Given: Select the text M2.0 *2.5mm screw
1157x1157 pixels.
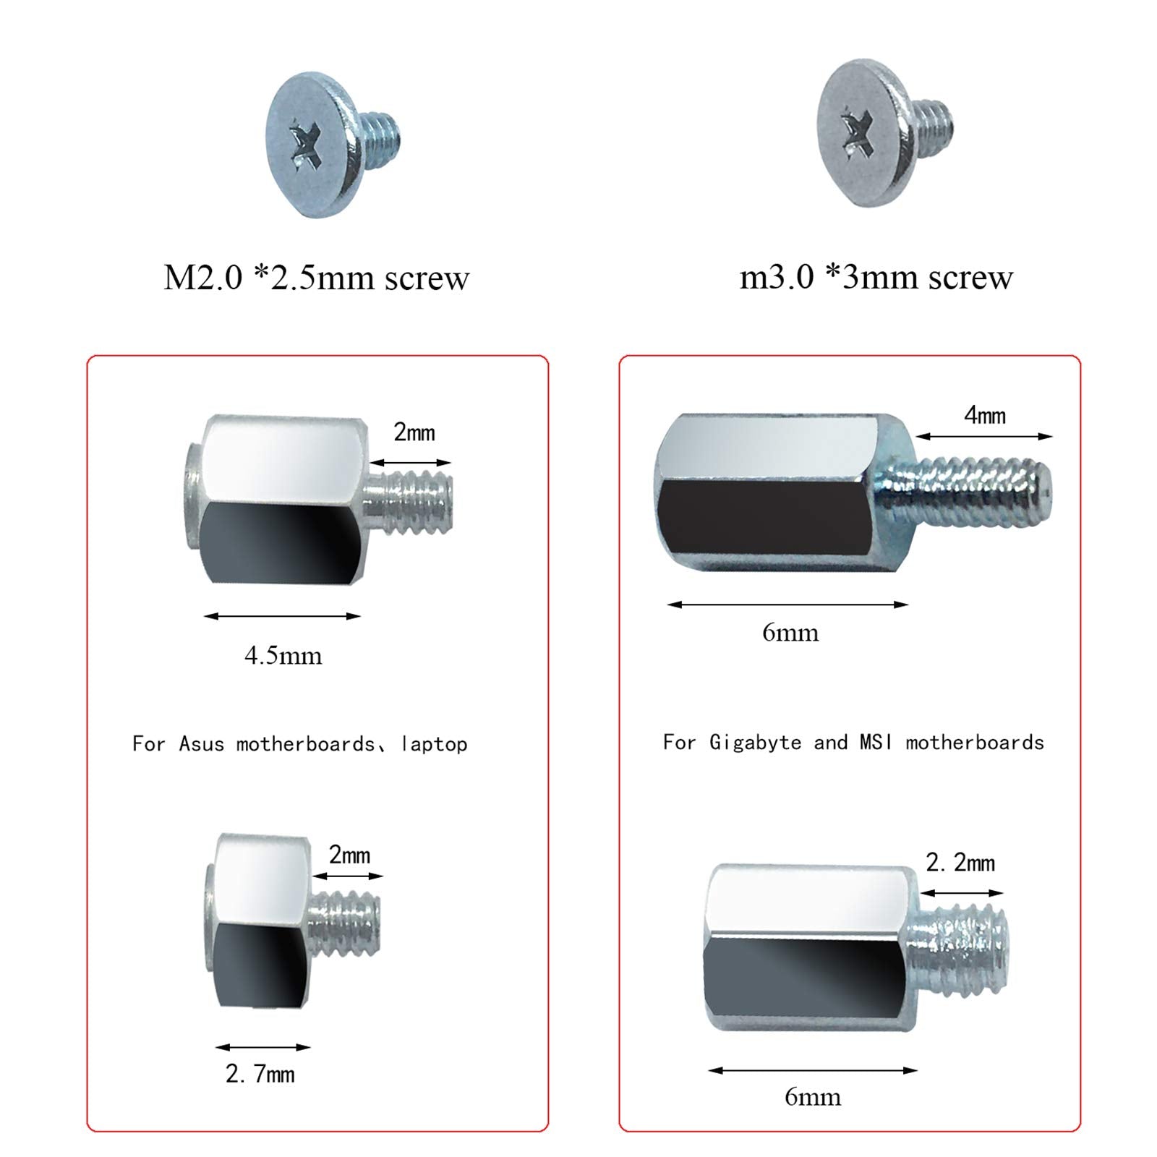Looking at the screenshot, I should click(x=316, y=278).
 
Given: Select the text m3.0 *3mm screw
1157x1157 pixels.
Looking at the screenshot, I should click(x=876, y=277).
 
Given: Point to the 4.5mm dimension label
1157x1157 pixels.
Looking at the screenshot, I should click(x=283, y=656).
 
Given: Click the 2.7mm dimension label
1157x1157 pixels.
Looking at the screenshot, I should click(x=260, y=1074).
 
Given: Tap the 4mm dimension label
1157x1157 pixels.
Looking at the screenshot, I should click(x=985, y=415).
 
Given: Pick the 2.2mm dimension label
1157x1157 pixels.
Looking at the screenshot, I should click(x=960, y=863).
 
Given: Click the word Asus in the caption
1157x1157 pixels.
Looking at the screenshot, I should click(x=201, y=744).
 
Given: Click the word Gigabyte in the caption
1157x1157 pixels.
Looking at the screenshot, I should click(x=755, y=743).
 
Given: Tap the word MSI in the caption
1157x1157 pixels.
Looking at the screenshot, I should click(x=876, y=743).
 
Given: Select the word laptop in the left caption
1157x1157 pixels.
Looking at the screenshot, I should click(x=435, y=744).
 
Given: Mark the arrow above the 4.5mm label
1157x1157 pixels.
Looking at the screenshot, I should click(x=282, y=616).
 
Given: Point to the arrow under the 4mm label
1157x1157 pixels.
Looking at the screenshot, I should click(x=983, y=436).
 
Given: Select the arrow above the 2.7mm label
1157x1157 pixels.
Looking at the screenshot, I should click(x=262, y=1046).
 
